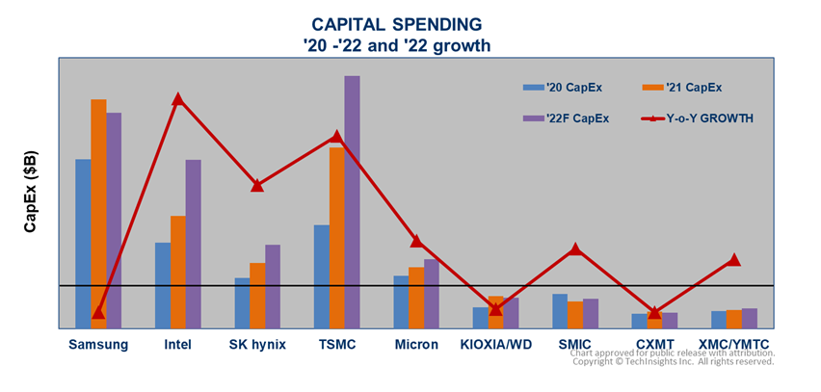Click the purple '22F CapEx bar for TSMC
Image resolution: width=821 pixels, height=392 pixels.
(352, 202)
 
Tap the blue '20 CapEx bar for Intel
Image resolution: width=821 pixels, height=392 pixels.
(163, 285)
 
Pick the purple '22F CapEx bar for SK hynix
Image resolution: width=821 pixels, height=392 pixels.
(273, 286)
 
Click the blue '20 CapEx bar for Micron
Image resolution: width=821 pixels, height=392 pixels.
(401, 301)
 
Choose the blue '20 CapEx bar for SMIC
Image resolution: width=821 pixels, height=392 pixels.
(560, 310)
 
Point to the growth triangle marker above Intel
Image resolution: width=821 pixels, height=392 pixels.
(178, 99)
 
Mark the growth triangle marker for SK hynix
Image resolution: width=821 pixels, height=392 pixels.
(257, 185)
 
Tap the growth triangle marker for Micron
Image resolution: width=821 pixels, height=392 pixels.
(416, 241)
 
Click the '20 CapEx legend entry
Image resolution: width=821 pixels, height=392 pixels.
(564, 88)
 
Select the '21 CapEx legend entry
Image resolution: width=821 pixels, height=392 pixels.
(682, 88)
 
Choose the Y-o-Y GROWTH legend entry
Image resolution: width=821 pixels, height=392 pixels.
(697, 118)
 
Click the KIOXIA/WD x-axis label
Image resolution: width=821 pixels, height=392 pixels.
(495, 344)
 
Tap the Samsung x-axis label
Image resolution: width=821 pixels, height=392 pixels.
(98, 344)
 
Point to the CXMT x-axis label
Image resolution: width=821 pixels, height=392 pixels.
(654, 344)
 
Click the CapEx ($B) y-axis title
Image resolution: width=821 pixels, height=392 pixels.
(31, 193)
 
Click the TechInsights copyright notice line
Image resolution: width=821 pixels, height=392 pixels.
(674, 362)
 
